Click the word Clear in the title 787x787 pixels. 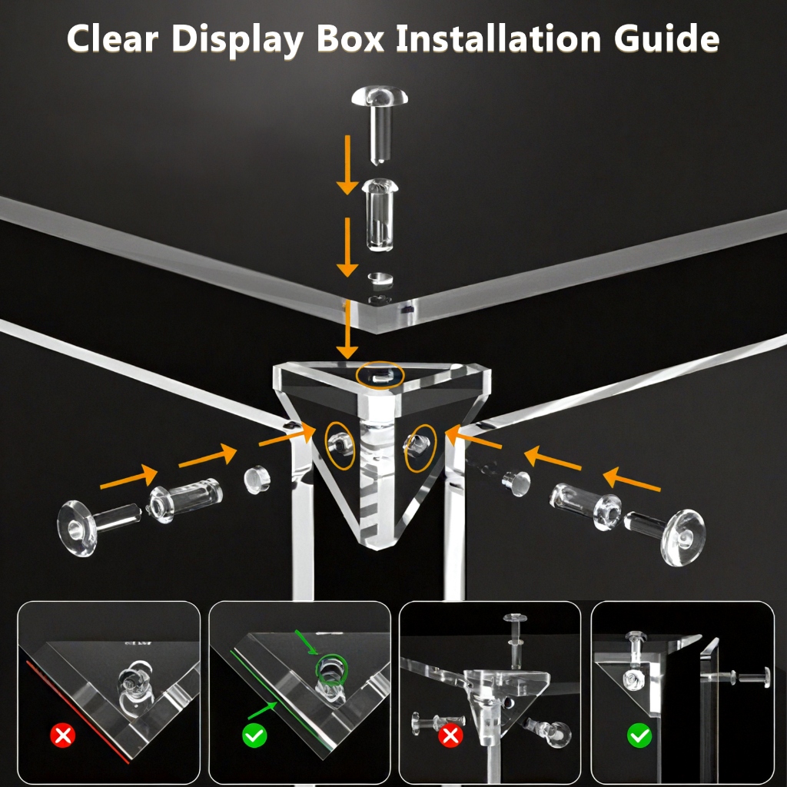tap(112, 38)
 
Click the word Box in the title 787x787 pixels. tap(350, 38)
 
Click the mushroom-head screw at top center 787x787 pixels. tap(380, 123)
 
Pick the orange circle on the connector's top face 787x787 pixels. tap(380, 375)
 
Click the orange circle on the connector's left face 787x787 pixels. tap(340, 446)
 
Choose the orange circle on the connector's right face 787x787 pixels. tap(420, 448)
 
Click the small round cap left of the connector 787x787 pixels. tap(257, 480)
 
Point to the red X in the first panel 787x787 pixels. tap(63, 736)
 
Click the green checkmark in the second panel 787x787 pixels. tap(254, 736)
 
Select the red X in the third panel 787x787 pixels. tap(450, 736)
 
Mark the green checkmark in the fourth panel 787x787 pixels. tap(639, 736)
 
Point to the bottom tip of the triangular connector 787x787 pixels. tap(377, 548)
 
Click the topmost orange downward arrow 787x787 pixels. tap(347, 165)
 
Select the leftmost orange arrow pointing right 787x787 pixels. tap(129, 477)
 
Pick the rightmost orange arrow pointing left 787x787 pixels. tap(632, 480)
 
